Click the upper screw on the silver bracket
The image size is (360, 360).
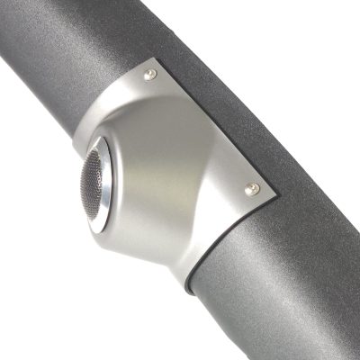coord(151,74)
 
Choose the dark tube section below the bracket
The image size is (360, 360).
coord(270,288)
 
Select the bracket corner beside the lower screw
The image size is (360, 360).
coord(267,193)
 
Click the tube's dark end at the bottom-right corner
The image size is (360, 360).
coord(346,346)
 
